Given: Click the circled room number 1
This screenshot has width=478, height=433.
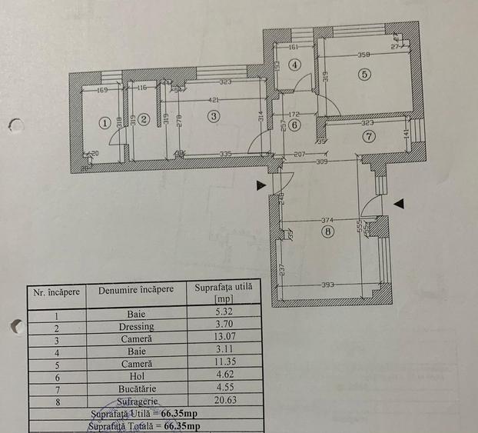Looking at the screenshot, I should coord(105,122).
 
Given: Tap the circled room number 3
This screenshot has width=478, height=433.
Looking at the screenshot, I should coord(214,115).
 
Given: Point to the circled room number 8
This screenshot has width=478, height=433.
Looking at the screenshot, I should coord(329,231).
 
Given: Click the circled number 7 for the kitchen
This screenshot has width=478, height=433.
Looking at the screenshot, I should coord(370,137).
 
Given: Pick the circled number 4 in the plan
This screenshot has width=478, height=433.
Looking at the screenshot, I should coord(294,65).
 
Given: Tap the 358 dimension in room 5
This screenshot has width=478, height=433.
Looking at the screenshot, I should coord(364,55).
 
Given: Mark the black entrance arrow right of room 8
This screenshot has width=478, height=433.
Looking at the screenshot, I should coord(398,203).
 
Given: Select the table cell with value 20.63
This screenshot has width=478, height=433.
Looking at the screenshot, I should coord(223,401).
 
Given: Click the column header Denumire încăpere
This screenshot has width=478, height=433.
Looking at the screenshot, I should coord(136,290).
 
